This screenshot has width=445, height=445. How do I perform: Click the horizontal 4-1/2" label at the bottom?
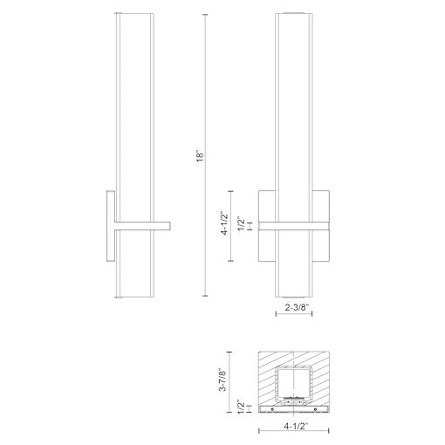[x=297, y=428]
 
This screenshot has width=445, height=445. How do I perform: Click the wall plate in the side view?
[x=110, y=226]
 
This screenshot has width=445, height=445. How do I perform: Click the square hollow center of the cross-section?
[x=296, y=384]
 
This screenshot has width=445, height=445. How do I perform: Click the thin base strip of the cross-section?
[x=296, y=408]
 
